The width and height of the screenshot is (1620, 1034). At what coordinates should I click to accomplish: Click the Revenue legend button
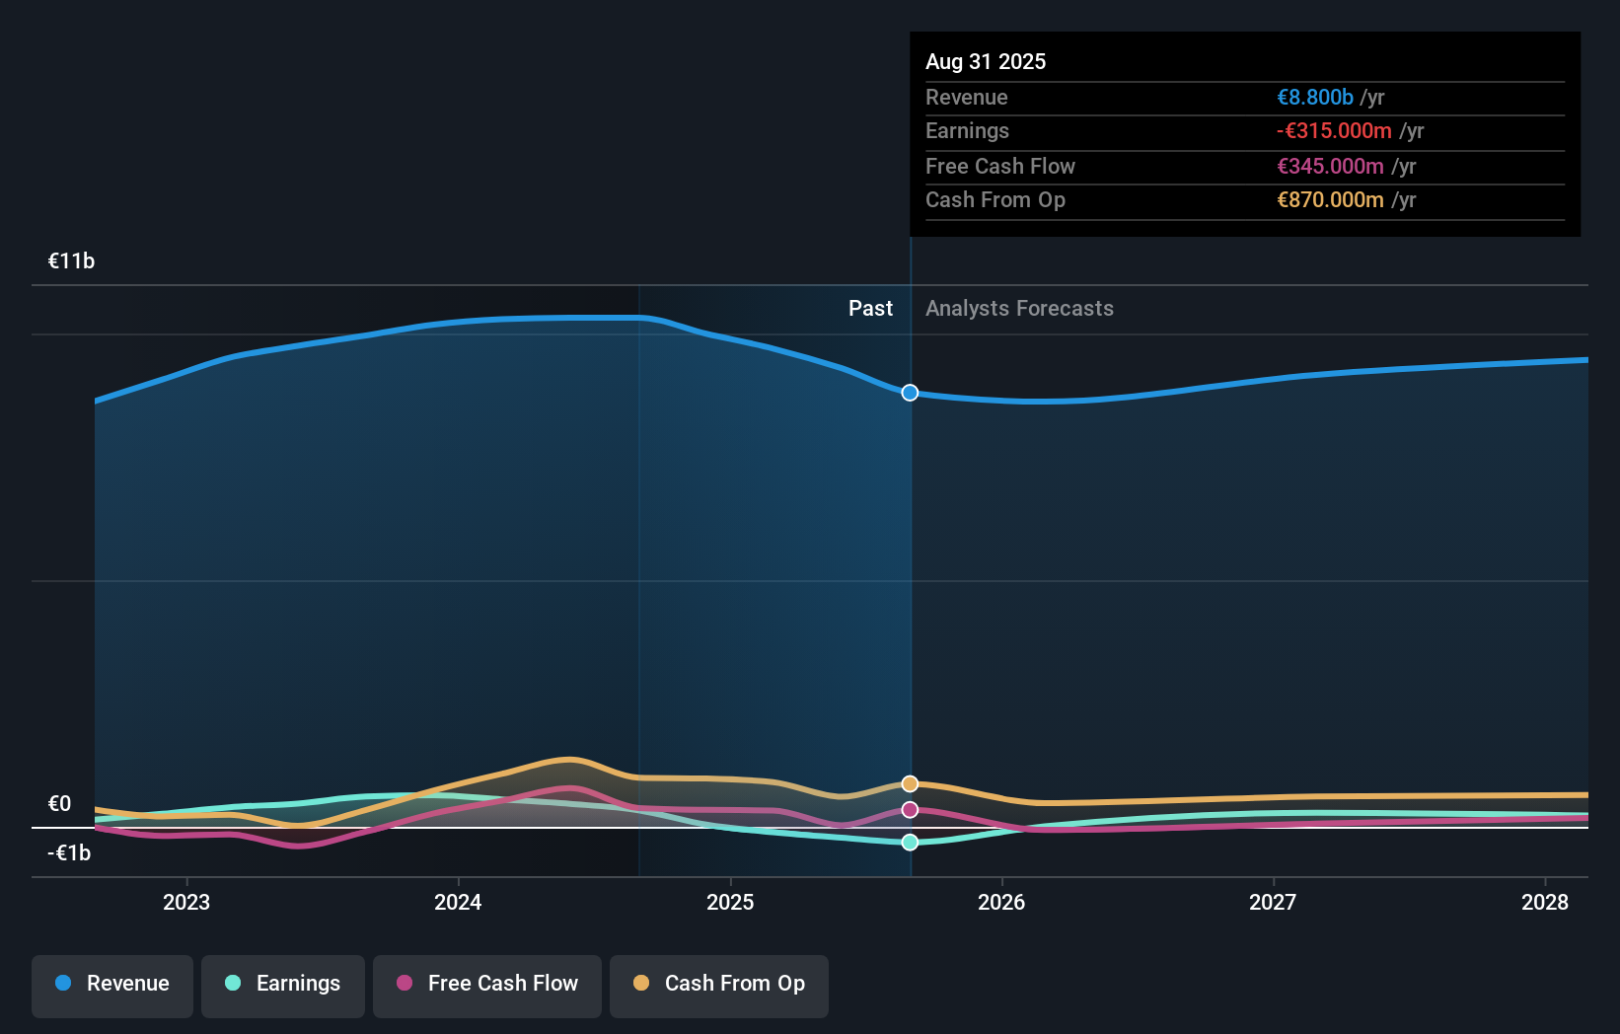click(x=112, y=984)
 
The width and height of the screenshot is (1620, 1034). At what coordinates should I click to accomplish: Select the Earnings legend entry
click(x=283, y=984)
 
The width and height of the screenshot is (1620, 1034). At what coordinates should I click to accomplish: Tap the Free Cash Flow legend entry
click(x=487, y=984)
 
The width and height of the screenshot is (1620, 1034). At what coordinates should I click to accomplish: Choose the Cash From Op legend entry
click(x=719, y=984)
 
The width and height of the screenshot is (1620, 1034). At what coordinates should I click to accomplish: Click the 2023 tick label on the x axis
click(x=186, y=903)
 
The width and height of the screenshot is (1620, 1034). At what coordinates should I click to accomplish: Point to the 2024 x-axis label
click(x=458, y=903)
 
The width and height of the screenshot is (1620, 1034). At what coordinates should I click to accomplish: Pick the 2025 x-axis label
click(x=730, y=903)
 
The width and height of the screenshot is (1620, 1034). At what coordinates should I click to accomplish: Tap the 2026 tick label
click(x=1001, y=903)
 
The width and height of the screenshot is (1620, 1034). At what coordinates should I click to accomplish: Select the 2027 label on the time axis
click(x=1273, y=903)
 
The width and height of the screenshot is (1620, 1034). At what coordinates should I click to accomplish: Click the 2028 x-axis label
click(x=1545, y=903)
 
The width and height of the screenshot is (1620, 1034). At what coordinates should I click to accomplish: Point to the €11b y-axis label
click(x=72, y=261)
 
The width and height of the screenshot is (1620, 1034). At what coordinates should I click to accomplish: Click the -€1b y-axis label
click(x=69, y=853)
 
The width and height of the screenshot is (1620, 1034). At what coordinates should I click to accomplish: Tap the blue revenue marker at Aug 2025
click(x=910, y=393)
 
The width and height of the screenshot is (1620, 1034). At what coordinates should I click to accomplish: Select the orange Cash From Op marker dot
click(x=910, y=784)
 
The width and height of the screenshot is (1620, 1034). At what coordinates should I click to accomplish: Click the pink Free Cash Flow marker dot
click(x=910, y=810)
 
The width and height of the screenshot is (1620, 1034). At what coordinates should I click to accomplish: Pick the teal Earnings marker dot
click(x=910, y=843)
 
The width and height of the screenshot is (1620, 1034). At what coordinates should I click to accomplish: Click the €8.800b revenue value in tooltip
click(x=1315, y=98)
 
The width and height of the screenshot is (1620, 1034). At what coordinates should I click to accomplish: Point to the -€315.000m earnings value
click(x=1334, y=131)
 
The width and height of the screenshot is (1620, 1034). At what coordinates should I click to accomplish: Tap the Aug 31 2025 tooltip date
click(x=986, y=62)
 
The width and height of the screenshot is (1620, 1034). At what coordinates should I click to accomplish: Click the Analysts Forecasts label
click(x=1019, y=309)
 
